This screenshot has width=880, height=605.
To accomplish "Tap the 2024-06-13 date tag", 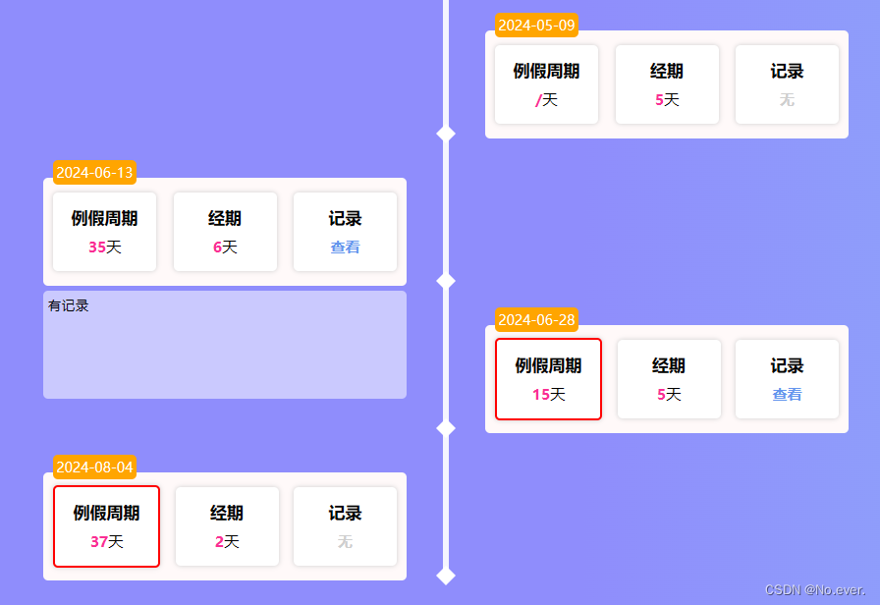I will [94, 173].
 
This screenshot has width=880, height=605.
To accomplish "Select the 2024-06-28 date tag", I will [536, 319].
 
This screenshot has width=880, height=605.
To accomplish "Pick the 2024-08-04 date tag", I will [94, 467].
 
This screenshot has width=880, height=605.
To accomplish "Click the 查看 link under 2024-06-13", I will [345, 247].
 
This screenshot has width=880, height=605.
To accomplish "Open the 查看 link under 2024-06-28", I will [787, 395].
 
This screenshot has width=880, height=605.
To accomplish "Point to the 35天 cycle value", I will [104, 247].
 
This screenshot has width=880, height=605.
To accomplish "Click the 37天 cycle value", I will [106, 542].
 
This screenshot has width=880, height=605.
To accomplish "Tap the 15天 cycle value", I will [548, 395].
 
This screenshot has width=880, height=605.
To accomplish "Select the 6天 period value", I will [225, 247].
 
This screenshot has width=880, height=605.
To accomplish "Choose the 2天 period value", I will [227, 542].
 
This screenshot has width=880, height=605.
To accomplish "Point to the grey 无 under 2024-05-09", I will [787, 100].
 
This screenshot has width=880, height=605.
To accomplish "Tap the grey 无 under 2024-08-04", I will [345, 542].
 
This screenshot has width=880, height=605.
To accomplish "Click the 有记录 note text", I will [69, 305].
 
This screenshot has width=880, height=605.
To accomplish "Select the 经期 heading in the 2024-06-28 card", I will [669, 366].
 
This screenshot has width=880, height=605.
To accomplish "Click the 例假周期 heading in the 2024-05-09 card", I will [546, 72].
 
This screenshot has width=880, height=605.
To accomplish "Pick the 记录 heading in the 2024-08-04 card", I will [345, 514].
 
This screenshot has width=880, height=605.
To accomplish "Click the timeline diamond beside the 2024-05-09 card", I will [446, 134].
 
